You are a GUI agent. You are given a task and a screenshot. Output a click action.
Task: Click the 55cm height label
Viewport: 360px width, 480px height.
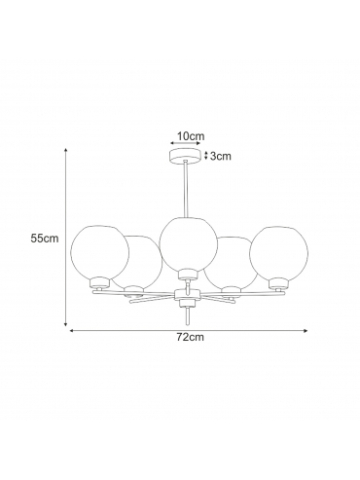tap(45, 239)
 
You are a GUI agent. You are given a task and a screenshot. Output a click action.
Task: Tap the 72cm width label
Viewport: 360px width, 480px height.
tap(191, 337)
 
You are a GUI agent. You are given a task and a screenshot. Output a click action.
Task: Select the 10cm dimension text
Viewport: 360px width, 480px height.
tap(191, 136)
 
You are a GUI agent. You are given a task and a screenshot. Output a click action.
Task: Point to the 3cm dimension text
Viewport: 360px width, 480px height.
tap(221, 156)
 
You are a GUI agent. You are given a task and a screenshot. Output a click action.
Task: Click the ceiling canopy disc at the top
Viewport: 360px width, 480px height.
tap(185, 155)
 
